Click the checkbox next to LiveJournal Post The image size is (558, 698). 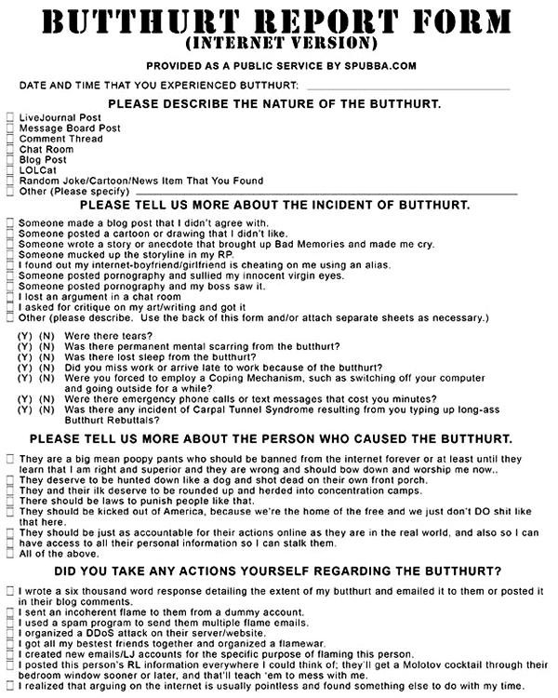click(9, 117)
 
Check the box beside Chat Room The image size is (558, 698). click(9, 149)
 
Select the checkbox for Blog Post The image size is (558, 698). click(9, 159)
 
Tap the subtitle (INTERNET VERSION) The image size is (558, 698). click(280, 44)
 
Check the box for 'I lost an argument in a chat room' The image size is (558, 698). click(9, 297)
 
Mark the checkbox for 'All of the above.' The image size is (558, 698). click(9, 554)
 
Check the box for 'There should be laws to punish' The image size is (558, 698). click(9, 501)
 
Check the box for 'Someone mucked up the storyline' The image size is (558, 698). click(9, 255)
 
